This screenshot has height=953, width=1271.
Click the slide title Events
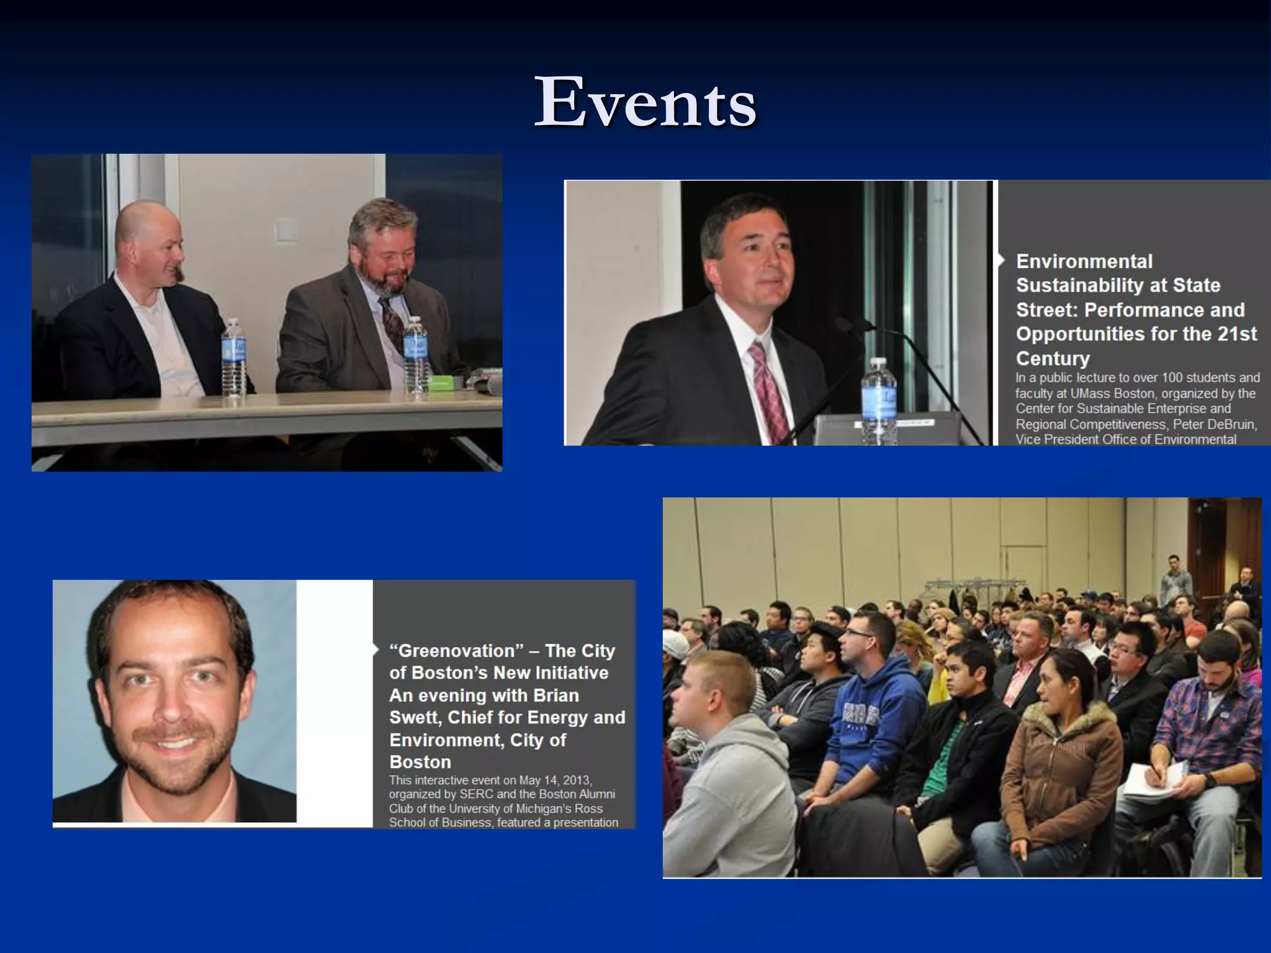645,102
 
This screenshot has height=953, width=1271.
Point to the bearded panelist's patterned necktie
392,323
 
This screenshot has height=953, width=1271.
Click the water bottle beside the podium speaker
879,400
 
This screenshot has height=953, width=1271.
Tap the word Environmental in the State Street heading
1084,261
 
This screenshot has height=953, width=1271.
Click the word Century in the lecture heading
1053,359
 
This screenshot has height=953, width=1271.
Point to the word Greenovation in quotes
456,651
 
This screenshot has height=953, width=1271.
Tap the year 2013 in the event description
577,780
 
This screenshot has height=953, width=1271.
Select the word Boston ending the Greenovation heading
420,762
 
